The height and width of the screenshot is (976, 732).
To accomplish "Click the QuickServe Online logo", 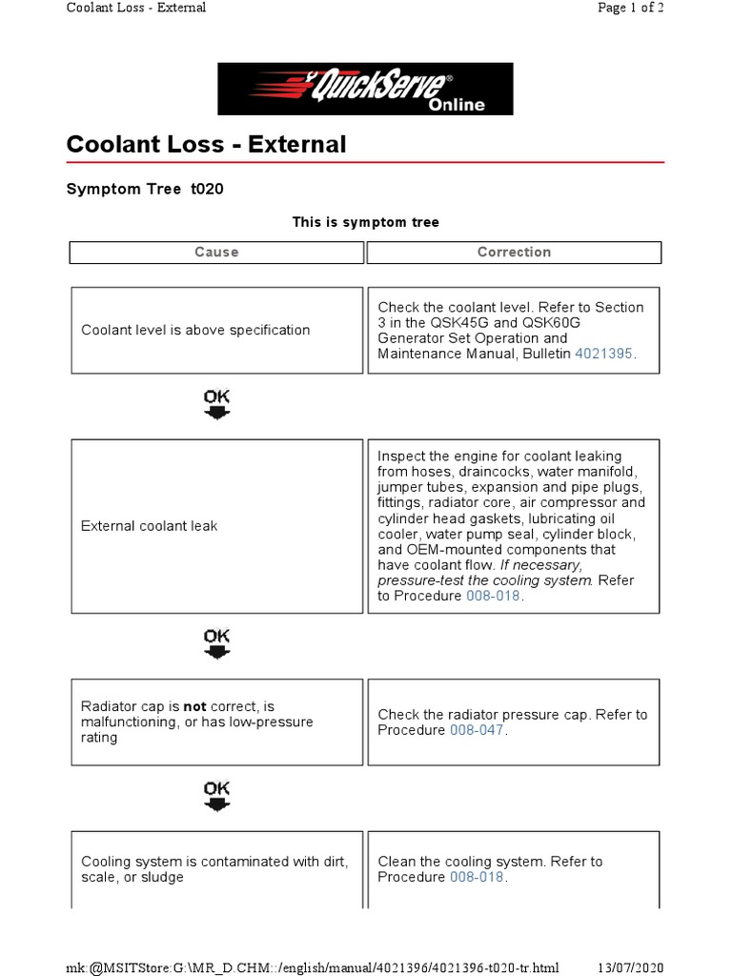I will pos(365,89).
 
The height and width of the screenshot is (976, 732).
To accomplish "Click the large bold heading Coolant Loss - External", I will pos(206,145).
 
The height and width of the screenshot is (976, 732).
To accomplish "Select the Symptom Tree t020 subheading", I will pos(145,189).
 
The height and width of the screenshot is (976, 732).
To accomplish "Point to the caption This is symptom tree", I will pos(365,222).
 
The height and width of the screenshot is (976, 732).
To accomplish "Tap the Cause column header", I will pos(216,253).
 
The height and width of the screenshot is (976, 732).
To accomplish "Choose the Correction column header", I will pos(514,253).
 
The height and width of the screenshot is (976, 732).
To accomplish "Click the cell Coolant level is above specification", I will pos(195,330).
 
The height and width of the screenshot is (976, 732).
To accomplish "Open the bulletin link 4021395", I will pos(602,354).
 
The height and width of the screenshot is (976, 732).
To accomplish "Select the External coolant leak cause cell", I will pos(150,526).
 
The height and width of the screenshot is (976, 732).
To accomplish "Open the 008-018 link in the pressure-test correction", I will pos(493,596).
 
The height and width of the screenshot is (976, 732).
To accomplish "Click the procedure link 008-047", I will pos(477,730).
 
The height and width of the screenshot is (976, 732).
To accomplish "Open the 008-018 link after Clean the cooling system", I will pos(477,877).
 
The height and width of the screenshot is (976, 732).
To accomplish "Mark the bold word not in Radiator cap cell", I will pos(195,706).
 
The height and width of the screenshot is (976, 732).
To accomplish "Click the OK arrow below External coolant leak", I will pos(217,643).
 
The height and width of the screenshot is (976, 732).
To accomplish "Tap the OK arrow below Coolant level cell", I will pos(217,404).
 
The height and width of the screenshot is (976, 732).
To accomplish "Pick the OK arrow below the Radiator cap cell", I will pos(217,796).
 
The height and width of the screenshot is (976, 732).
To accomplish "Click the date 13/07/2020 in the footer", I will pos(629,966).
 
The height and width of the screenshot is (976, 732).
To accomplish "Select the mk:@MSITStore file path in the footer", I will pos(313,966).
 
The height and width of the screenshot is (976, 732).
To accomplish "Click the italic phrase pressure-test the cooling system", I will pos(484,580).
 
